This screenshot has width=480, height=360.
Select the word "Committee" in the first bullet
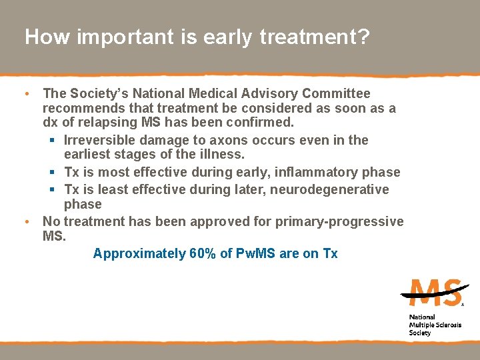tap(336, 93)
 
